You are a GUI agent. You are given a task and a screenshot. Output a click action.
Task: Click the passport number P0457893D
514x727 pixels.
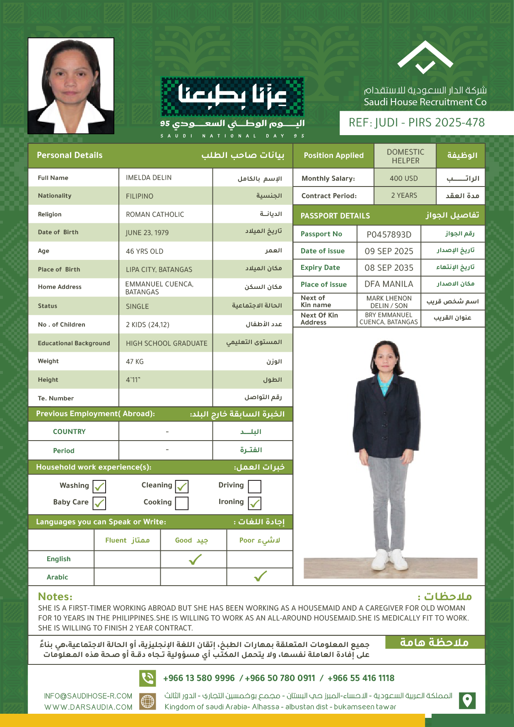tap(389, 235)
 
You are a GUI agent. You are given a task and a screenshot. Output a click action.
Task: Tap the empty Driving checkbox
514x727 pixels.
tap(254, 486)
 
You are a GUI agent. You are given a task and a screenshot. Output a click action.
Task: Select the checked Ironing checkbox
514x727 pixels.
tap(254, 503)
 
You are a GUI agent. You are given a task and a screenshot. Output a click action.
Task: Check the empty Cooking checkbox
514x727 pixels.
tap(181, 503)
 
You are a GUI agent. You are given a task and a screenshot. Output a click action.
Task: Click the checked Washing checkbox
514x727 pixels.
tap(99, 486)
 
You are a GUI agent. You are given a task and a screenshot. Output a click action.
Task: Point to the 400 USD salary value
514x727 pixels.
tap(403, 179)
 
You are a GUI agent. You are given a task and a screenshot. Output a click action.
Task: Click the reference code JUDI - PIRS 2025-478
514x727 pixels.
tap(417, 123)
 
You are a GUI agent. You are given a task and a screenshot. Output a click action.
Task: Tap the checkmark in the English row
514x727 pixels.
tap(195, 560)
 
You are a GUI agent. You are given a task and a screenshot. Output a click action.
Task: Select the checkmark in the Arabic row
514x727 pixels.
tap(260, 577)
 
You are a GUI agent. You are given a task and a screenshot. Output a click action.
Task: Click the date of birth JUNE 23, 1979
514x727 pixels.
tap(147, 233)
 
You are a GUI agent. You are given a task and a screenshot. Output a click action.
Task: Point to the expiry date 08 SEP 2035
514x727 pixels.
tap(389, 268)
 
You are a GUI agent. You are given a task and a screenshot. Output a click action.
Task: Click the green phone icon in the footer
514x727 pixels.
tap(147, 678)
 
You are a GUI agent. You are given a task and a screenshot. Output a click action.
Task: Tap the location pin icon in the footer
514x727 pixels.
tap(467, 700)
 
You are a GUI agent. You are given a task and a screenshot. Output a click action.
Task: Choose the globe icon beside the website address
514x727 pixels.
tap(147, 701)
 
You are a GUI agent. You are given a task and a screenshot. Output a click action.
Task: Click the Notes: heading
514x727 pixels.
tap(55, 596)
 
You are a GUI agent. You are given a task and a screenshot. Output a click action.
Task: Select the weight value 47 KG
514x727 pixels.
tap(135, 362)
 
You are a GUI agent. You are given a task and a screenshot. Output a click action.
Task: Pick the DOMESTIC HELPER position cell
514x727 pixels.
tap(405, 156)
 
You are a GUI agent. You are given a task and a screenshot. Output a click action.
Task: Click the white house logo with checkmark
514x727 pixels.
tap(425, 58)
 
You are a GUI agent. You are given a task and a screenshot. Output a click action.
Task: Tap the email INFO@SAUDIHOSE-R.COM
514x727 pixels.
tap(88, 696)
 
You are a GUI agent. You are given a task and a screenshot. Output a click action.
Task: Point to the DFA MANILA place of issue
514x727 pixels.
tap(389, 284)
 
